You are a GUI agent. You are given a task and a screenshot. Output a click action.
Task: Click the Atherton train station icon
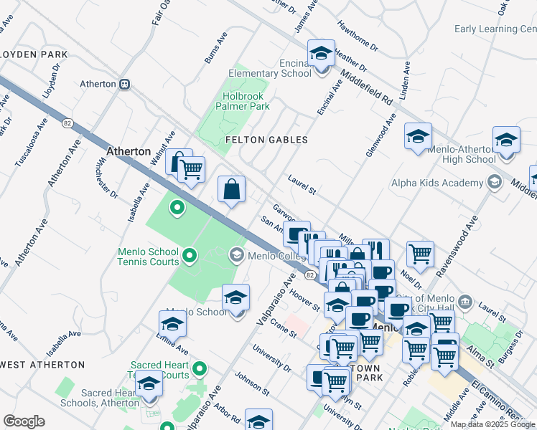pyautogui.click(x=125, y=84)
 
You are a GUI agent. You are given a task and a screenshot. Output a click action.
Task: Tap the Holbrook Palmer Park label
pyautogui.click(x=242, y=101)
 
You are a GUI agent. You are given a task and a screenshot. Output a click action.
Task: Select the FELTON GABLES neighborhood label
pyautogui.click(x=266, y=140)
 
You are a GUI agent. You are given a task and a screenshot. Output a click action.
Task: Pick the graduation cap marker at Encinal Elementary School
pyautogui.click(x=321, y=53)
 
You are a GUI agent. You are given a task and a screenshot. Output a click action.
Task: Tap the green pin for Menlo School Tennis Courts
pyautogui.click(x=190, y=254)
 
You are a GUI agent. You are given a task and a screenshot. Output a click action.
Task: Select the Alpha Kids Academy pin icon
pyautogui.click(x=493, y=182)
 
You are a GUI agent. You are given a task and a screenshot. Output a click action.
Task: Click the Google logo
pyautogui.click(x=24, y=421)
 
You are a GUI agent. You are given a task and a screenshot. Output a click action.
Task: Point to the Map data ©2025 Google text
pyautogui.click(x=492, y=424)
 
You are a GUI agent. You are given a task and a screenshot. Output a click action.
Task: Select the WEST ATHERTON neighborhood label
pyautogui.click(x=42, y=365)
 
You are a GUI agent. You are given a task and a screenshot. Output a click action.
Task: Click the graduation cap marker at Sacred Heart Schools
pyautogui.click(x=149, y=385)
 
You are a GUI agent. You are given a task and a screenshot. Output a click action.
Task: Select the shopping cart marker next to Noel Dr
pyautogui.click(x=420, y=253)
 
